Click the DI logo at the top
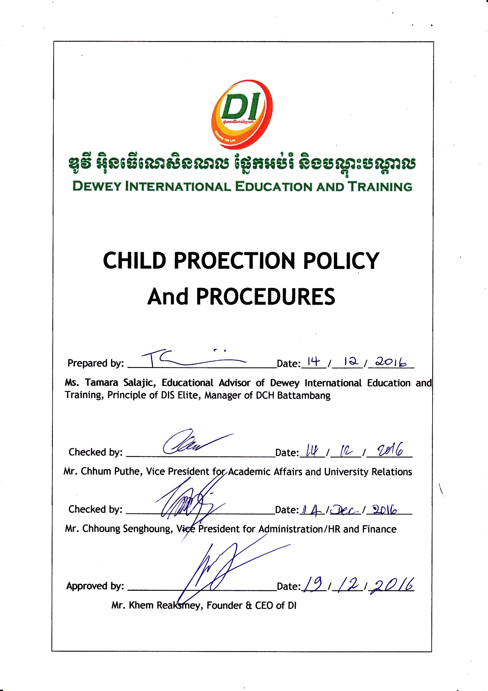click(242, 114)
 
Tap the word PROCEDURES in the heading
click(265, 297)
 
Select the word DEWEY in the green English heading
click(97, 186)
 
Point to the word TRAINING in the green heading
click(380, 186)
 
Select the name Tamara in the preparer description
click(101, 382)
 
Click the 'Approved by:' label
click(95, 586)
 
